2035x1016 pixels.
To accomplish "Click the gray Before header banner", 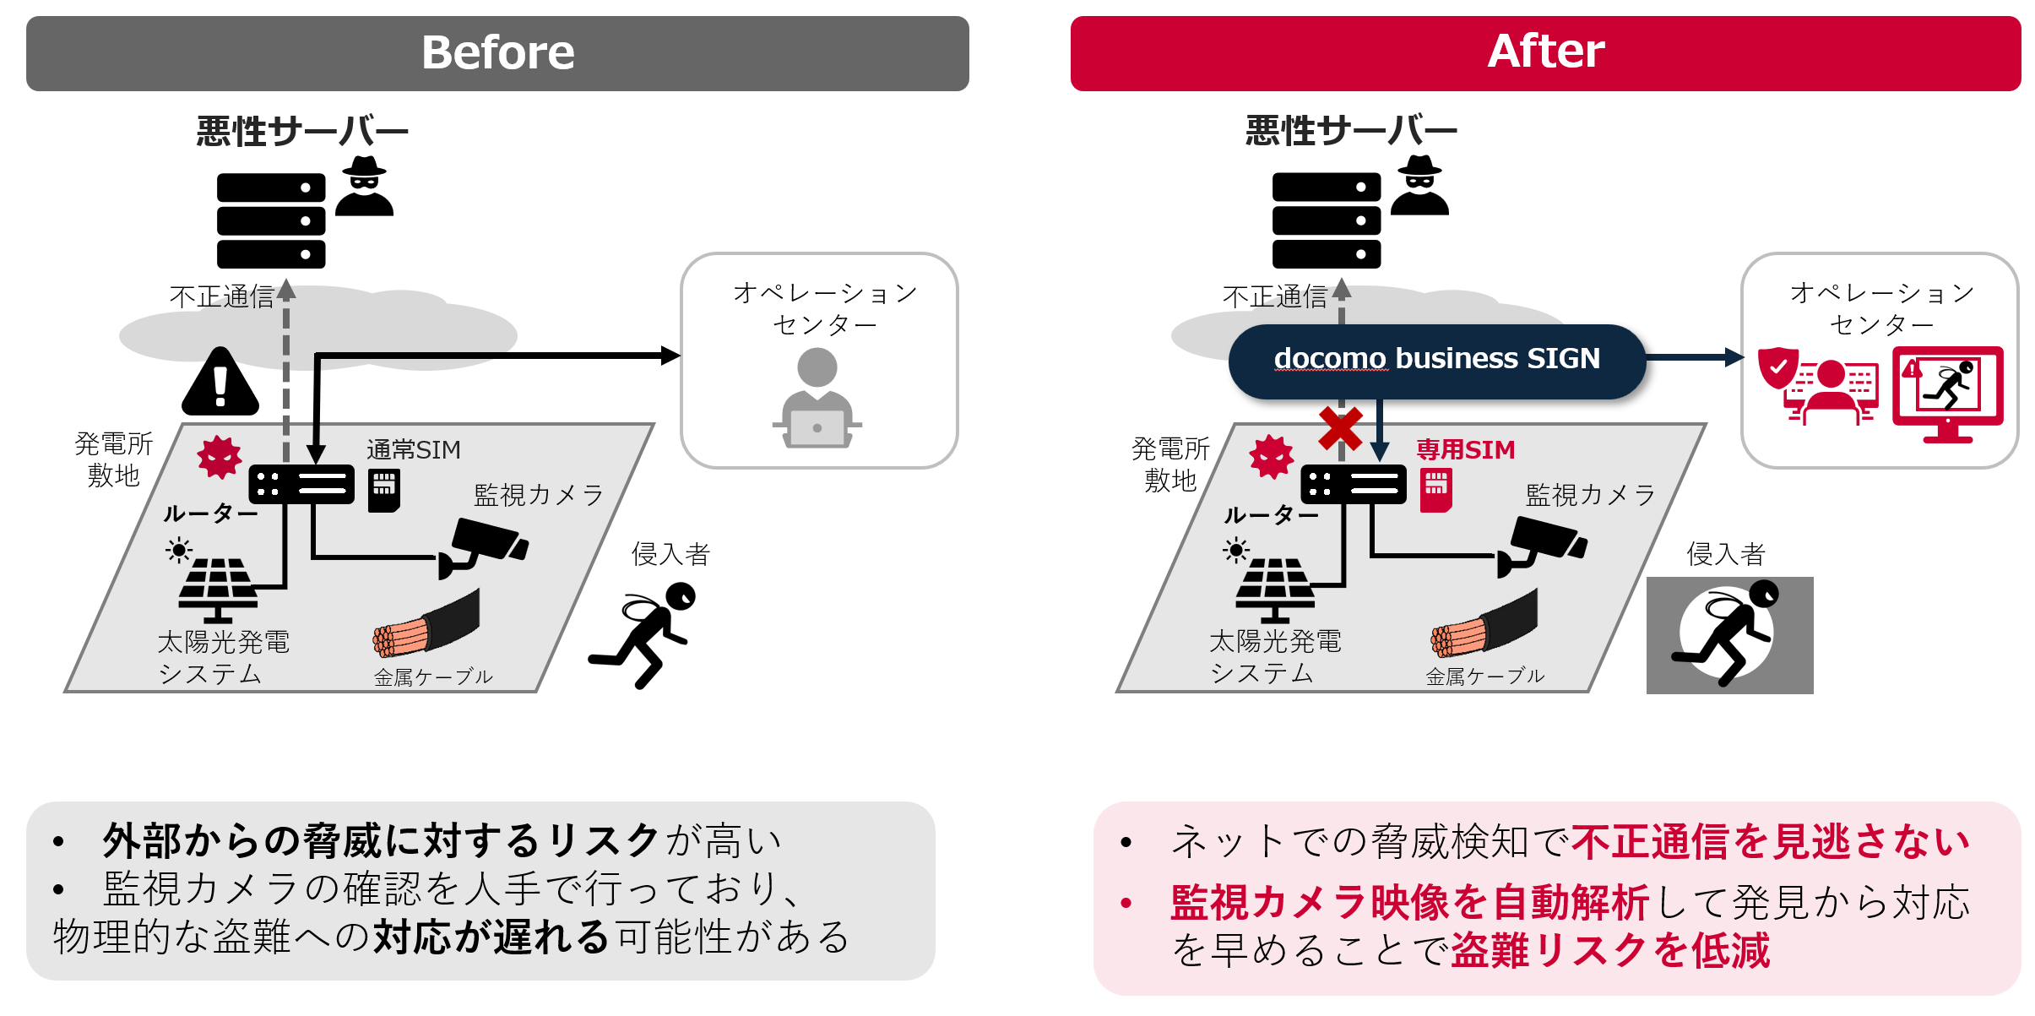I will click(x=497, y=53).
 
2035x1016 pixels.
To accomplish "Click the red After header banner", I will click(x=1544, y=53).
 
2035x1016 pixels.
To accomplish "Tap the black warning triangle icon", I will click(x=220, y=383).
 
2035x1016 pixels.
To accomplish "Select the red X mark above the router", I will click(x=1340, y=428).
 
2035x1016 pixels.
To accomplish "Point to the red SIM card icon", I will click(x=1435, y=491).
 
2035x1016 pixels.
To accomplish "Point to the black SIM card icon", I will click(x=384, y=491).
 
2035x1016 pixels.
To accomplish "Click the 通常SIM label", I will click(x=414, y=449).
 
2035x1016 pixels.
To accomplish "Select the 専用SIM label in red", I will click(x=1465, y=449).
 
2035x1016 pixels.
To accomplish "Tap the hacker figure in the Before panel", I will click(x=364, y=187).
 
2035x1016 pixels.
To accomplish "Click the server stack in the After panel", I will click(x=1326, y=220).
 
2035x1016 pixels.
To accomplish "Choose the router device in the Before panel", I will click(x=301, y=485).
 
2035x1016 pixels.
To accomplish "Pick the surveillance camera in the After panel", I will click(x=1542, y=546).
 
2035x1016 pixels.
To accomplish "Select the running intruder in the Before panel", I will click(x=645, y=633).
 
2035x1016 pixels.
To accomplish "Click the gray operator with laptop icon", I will click(x=817, y=399).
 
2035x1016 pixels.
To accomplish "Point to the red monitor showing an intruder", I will click(x=1947, y=394).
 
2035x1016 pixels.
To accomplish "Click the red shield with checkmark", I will click(x=1777, y=367).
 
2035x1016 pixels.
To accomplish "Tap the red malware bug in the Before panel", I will click(x=220, y=457).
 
